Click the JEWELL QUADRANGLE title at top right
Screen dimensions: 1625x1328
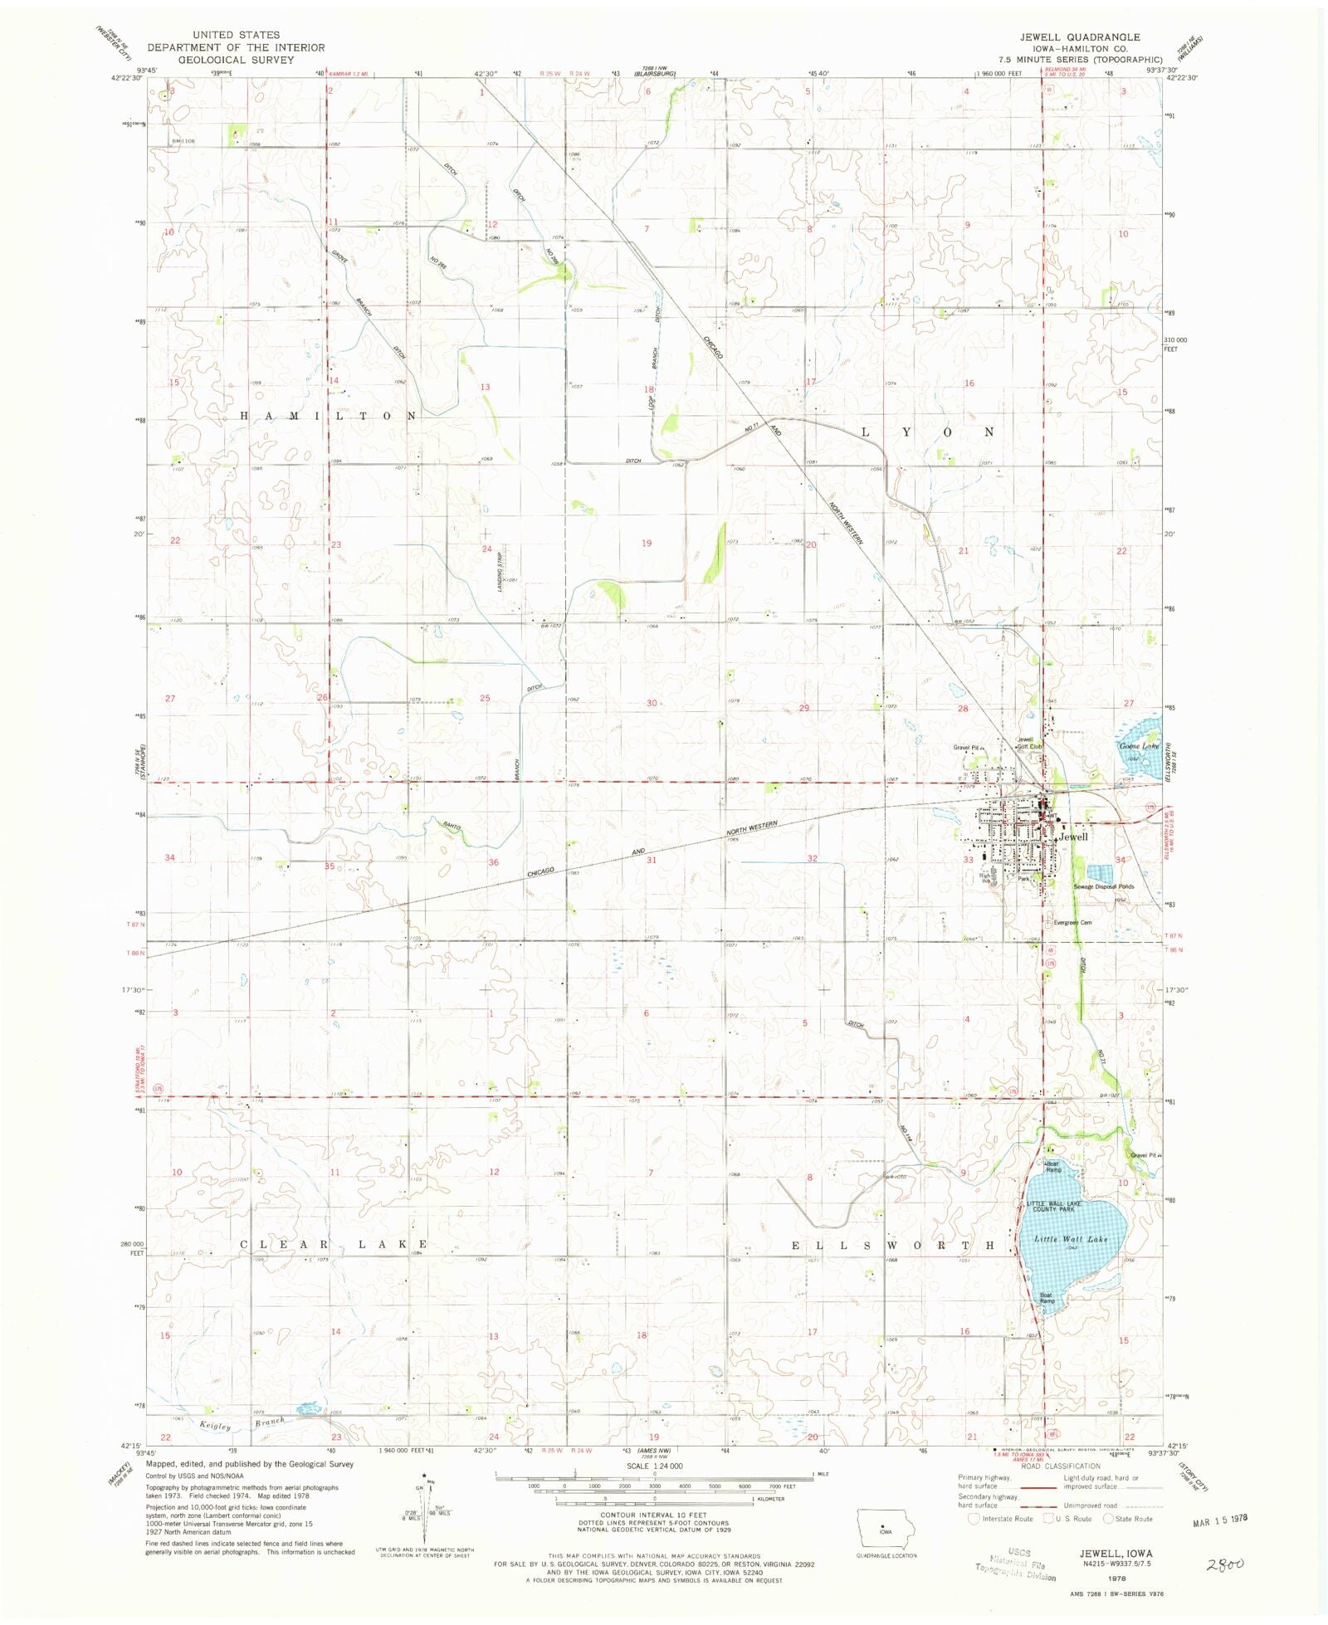1080,37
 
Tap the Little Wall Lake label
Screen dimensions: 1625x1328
1070,1239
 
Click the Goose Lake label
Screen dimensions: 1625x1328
1139,746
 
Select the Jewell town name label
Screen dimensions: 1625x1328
1072,837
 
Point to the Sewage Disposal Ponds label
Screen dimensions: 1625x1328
1103,886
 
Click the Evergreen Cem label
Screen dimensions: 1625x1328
1072,922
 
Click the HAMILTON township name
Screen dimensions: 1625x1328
329,415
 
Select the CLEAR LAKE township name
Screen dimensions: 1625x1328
334,1245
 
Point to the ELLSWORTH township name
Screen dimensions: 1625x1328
892,1246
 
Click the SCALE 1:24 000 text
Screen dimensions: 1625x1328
654,1466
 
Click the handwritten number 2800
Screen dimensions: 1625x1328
1225,1564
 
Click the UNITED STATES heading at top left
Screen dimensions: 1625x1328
236,35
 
